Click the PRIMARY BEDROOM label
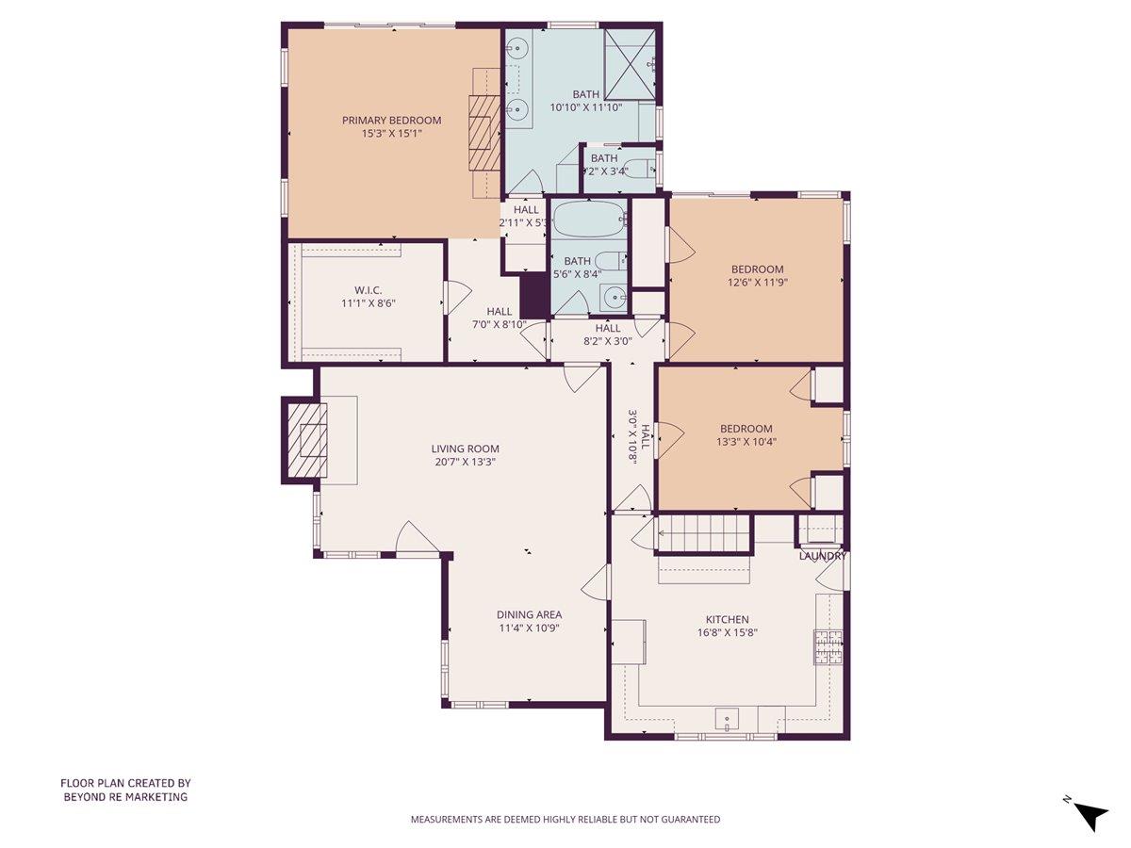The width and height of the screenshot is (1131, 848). point(391,121)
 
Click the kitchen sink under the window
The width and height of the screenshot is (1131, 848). point(729,720)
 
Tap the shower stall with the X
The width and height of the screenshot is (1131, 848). point(628,63)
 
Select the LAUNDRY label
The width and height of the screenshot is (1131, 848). point(822,556)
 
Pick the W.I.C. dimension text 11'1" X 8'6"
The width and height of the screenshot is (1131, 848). point(368,304)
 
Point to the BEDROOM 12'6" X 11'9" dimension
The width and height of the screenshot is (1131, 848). point(757,282)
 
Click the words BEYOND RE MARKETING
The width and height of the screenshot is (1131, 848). point(125,796)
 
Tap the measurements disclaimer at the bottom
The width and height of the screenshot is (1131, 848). point(565,819)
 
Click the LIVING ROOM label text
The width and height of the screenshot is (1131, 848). point(466,448)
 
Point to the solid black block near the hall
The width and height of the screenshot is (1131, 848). point(533,294)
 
